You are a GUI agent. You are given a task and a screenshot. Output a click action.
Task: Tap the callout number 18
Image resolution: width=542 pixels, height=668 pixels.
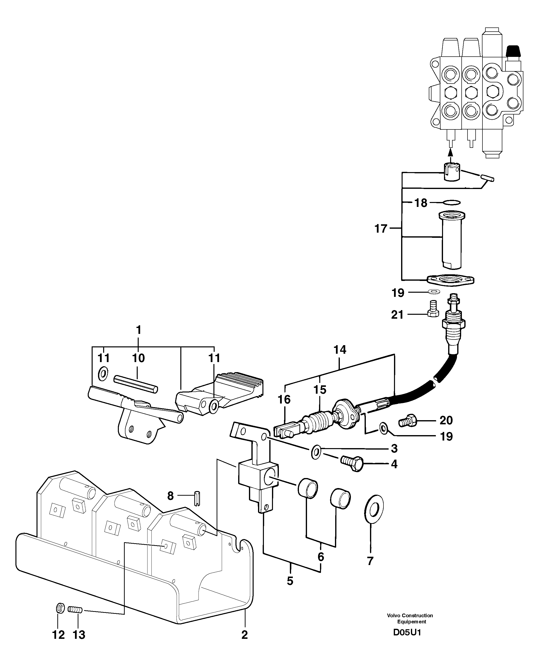tap(420, 203)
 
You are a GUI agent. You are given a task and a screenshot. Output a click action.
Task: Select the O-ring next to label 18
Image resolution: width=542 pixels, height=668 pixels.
tap(452, 203)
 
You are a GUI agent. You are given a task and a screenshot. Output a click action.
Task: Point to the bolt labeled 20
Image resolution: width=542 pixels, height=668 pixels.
tap(407, 420)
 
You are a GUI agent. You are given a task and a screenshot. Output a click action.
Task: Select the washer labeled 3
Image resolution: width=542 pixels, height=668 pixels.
tap(316, 452)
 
